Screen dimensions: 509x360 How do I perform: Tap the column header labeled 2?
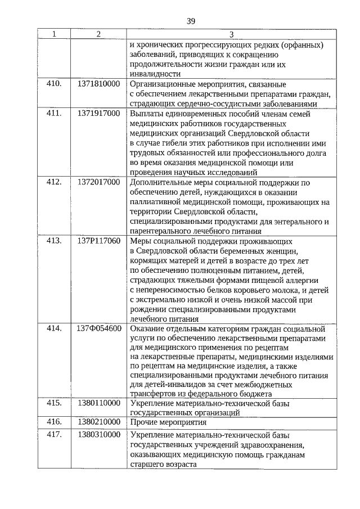(98, 34)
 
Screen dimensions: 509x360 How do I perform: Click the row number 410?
(54, 83)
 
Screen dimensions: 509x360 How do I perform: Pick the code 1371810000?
(98, 83)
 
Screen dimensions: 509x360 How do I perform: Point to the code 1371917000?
(98, 113)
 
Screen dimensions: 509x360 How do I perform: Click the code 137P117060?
(98, 241)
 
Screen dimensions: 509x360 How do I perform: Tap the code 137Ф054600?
(98, 328)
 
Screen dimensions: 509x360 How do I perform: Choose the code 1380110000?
(98, 403)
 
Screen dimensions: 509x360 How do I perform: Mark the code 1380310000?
(98, 435)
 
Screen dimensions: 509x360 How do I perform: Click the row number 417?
(54, 435)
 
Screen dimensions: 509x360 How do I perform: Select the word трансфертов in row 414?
(154, 394)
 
